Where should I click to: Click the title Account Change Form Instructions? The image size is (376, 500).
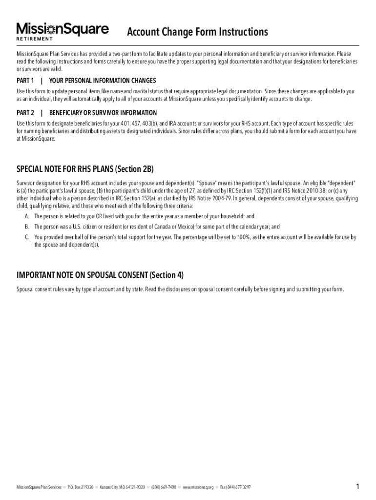[197, 32]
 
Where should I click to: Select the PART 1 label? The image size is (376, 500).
[25, 81]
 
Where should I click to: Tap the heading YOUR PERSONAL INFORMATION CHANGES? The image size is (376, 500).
[103, 81]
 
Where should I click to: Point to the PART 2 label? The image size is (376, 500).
[25, 113]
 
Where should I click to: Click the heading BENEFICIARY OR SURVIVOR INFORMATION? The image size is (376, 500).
[103, 113]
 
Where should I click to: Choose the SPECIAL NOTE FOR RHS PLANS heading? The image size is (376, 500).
[85, 169]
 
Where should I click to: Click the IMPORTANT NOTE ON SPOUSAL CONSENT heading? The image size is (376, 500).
[100, 275]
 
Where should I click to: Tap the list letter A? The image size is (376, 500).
[27, 216]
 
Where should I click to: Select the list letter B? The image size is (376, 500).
[27, 227]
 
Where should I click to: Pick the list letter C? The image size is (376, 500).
[27, 237]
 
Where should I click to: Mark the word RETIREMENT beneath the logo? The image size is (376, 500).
[35, 39]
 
